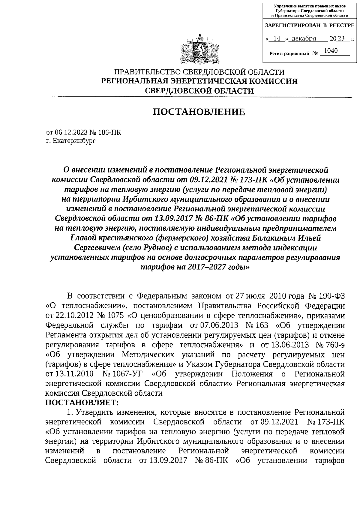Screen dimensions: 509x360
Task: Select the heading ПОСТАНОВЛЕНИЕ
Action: [199, 112]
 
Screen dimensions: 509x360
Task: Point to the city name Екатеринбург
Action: [74, 141]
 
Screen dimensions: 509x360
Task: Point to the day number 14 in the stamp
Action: [277, 39]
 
